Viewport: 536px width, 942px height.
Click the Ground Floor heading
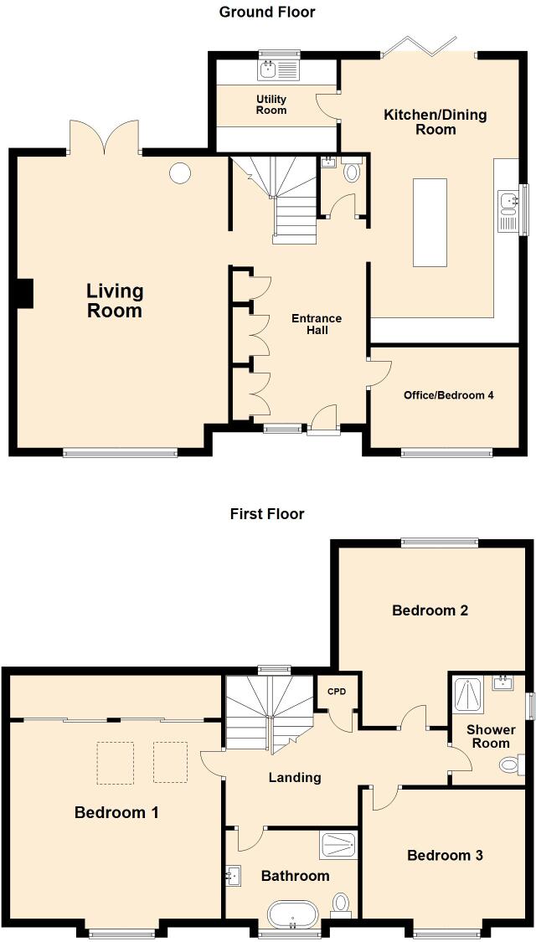pyautogui.click(x=267, y=12)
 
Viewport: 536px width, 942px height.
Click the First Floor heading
pyautogui.click(x=267, y=513)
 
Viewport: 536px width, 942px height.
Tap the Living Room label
pyautogui.click(x=115, y=301)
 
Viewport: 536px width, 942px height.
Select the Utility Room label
pyautogui.click(x=271, y=105)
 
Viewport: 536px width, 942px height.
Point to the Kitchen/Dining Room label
pyautogui.click(x=435, y=121)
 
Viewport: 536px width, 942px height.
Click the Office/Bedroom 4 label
pyautogui.click(x=448, y=395)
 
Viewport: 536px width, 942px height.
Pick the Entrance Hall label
pyautogui.click(x=317, y=324)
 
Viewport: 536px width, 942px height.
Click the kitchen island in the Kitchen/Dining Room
pyautogui.click(x=430, y=222)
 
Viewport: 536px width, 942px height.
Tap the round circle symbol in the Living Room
pyautogui.click(x=180, y=173)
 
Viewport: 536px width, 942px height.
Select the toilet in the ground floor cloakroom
pyautogui.click(x=351, y=172)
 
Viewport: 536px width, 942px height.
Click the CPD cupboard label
pyautogui.click(x=337, y=692)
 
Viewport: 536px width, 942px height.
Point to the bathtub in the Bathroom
pyautogui.click(x=293, y=915)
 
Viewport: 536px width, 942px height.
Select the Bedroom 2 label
pyautogui.click(x=430, y=610)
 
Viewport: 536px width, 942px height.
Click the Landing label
pyautogui.click(x=295, y=777)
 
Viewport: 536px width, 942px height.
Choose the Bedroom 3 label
pyautogui.click(x=445, y=855)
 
